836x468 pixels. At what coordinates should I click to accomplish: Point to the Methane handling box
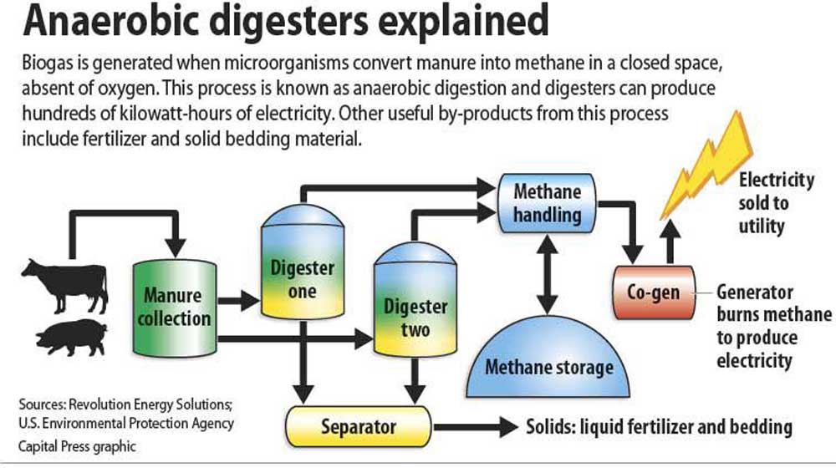(x=547, y=202)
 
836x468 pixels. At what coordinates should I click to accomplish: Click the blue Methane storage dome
(x=549, y=351)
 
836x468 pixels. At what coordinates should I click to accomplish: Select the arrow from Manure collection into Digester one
(x=239, y=298)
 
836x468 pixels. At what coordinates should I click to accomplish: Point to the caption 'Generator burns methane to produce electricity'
(x=774, y=327)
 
